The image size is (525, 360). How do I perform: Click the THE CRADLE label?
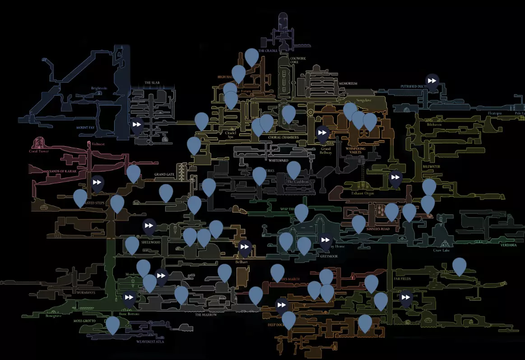tap(268, 51)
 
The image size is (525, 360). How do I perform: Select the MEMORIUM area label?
tap(348, 83)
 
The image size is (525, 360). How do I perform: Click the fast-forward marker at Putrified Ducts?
tap(432, 81)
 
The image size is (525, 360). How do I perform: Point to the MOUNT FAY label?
tap(85, 128)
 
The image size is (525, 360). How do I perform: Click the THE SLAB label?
tap(152, 83)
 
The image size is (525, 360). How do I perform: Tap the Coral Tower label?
tap(39, 151)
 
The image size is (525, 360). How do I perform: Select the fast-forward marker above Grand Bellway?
tap(322, 133)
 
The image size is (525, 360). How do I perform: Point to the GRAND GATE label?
tap(164, 175)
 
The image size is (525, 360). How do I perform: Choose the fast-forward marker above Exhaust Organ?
tap(395, 177)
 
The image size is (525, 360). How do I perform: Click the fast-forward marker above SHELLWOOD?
tap(149, 226)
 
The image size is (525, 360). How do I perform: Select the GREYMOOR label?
tap(329, 256)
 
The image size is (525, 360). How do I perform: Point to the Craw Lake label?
tap(441, 250)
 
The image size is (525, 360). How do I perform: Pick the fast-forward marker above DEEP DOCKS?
tap(282, 305)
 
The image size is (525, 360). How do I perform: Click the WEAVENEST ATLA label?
tap(150, 342)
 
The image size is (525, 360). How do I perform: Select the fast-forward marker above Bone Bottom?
tap(129, 298)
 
